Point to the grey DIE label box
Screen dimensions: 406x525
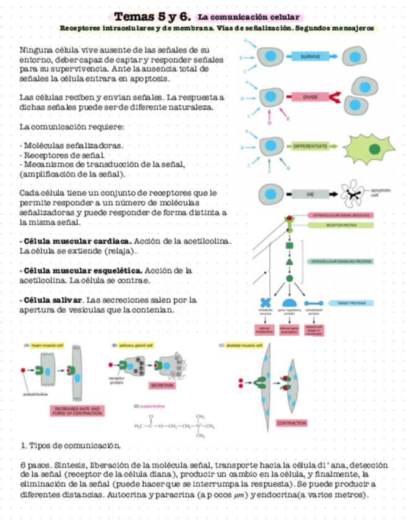coord(310,194)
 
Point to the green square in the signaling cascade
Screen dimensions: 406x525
coord(289,247)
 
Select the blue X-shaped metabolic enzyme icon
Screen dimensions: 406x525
coord(267,303)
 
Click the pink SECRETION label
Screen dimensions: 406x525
coord(162,385)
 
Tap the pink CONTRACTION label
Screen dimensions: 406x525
coord(292,423)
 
